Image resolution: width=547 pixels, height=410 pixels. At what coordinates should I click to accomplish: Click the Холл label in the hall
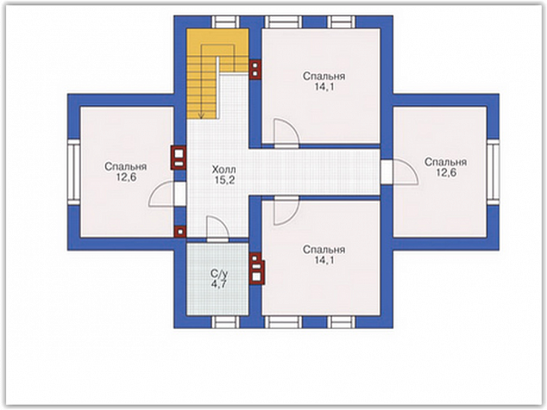coord(223,170)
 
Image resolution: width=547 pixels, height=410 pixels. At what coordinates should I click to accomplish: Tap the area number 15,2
coord(223,180)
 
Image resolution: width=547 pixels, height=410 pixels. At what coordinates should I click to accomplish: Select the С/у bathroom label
coord(219,273)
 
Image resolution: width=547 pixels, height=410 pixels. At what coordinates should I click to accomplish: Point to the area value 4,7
coord(219,283)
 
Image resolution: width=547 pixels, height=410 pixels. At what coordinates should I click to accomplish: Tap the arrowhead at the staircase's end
coord(202,116)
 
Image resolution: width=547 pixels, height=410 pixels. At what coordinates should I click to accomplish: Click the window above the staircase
coord(226,22)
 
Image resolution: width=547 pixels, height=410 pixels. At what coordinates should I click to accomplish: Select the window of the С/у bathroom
coord(226,322)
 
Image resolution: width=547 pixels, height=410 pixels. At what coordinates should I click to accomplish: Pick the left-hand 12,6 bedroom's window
coord(74,172)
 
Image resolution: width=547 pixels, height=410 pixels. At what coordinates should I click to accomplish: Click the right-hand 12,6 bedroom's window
coord(493,172)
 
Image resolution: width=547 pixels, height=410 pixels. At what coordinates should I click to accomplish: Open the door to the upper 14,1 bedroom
coord(286,134)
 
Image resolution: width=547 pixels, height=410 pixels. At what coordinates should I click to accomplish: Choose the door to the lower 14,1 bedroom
coord(286,210)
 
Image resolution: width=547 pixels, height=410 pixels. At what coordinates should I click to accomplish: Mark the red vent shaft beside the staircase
coord(255,69)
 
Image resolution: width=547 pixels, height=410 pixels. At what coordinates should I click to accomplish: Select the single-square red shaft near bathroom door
coord(180,232)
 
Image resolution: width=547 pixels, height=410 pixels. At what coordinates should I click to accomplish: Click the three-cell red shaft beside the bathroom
coord(256,268)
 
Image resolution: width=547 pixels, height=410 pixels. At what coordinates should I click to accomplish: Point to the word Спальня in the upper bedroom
coord(324,77)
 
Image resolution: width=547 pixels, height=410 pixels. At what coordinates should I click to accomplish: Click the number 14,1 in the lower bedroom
coord(324,260)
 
